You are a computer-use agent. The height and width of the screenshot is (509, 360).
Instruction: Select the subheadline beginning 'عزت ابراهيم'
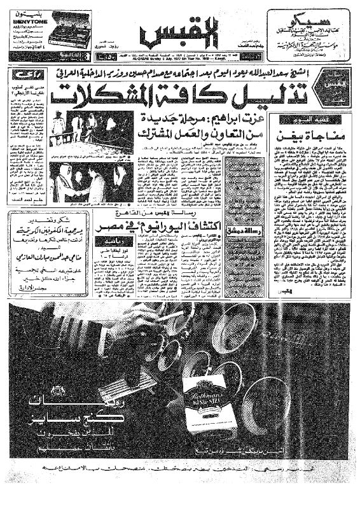[x=204, y=122]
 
